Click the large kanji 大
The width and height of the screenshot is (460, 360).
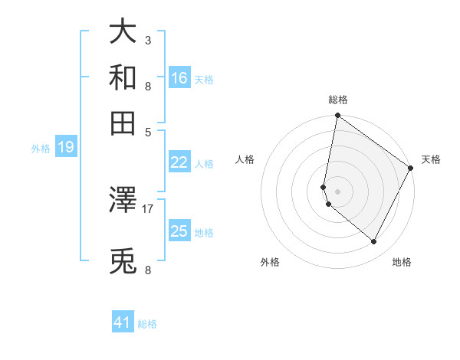click(123, 33)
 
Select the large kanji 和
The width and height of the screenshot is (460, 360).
click(123, 77)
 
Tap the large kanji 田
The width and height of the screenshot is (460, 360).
click(123, 123)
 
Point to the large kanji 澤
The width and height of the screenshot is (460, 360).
click(123, 200)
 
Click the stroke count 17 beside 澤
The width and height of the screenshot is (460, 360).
click(148, 208)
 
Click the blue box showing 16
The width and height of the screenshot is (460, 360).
click(179, 77)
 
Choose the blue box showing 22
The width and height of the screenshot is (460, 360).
click(179, 162)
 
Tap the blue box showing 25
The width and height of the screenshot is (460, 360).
click(179, 231)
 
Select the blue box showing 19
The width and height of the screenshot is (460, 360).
click(66, 147)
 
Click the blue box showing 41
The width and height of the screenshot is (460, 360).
click(123, 322)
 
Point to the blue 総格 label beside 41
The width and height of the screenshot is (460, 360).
click(147, 324)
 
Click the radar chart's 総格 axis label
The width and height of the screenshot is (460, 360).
click(337, 100)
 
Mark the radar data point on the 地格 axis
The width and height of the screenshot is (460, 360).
click(374, 242)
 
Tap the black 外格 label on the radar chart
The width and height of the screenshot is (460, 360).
click(270, 263)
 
